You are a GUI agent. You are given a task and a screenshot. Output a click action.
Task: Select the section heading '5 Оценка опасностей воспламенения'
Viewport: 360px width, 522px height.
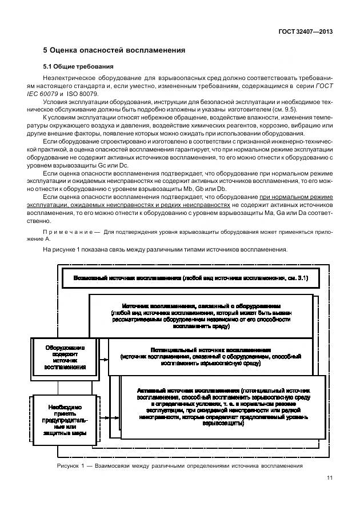[x=115, y=50]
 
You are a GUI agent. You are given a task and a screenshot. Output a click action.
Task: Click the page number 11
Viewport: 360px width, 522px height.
[x=329, y=478]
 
